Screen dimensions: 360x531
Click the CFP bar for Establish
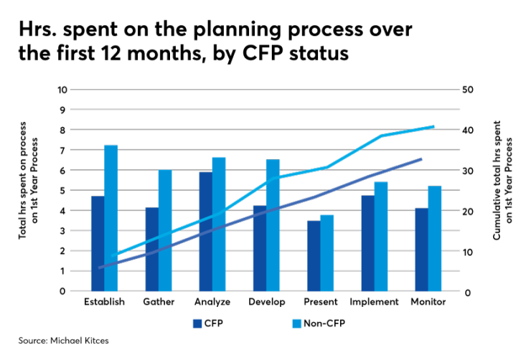tap(98, 244)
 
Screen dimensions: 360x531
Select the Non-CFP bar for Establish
tap(111, 219)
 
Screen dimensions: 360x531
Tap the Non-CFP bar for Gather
tap(165, 231)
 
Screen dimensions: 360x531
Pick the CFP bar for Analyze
tap(206, 232)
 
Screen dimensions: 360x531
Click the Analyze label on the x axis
tap(212, 302)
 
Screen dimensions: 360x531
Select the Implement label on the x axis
tap(374, 302)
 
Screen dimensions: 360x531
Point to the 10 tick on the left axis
tap(62, 90)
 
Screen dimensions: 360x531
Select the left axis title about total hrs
tap(27, 191)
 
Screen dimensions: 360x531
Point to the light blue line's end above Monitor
tap(433, 126)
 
